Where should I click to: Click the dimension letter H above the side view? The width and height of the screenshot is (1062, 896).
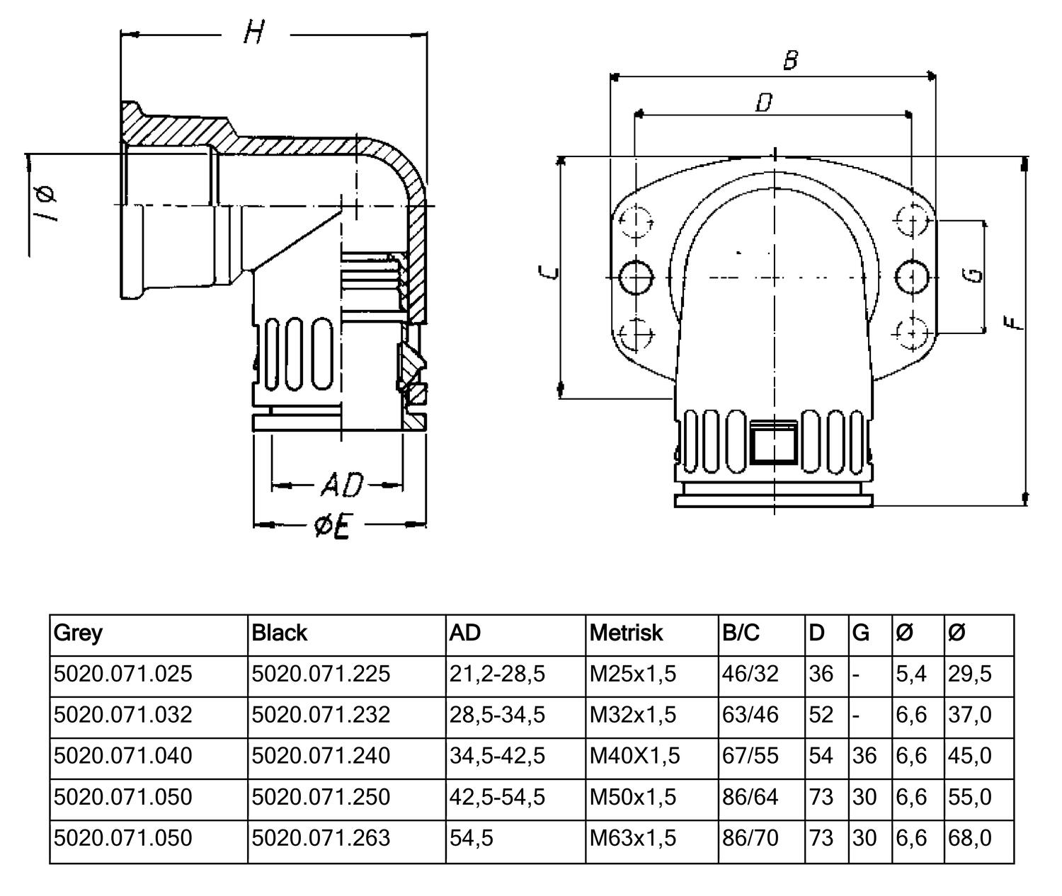253,33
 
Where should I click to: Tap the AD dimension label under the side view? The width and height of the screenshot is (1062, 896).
341,486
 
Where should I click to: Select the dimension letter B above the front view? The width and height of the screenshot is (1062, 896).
790,60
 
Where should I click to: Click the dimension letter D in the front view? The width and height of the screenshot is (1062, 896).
763,103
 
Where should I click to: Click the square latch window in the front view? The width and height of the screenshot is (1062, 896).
774,442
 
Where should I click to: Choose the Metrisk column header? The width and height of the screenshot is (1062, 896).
626,633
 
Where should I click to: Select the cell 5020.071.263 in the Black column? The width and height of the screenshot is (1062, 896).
321,838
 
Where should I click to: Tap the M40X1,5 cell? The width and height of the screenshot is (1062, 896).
635,756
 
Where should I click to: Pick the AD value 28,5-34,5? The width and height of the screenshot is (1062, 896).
498,715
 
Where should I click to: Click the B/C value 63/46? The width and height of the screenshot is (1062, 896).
750,715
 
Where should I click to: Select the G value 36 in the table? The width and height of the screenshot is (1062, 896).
864,756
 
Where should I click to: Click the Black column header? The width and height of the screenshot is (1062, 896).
280,633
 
